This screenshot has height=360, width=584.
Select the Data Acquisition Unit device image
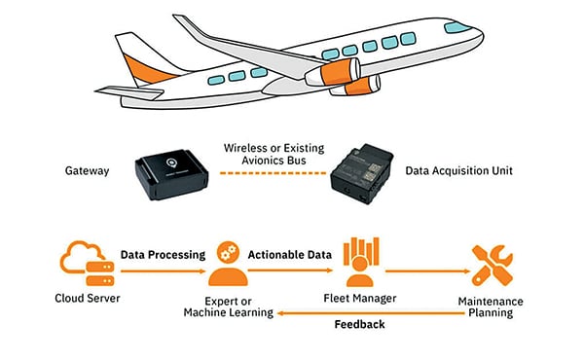365,173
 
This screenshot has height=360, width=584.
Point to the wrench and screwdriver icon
493,264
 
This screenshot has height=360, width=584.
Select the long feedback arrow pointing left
370,311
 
